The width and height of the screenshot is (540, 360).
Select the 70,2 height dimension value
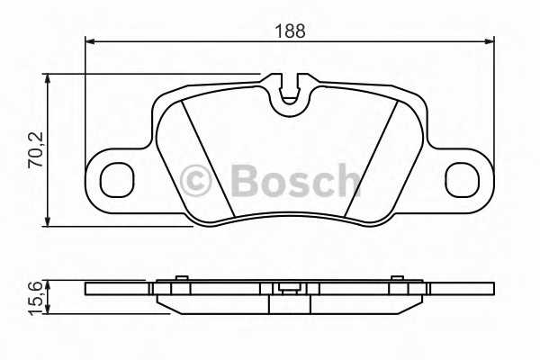click(37, 148)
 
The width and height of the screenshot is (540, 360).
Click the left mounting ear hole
click(114, 180)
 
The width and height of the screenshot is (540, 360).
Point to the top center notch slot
click(289, 91)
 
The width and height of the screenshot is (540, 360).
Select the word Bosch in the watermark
click(295, 180)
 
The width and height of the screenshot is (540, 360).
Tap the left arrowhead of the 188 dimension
click(90, 40)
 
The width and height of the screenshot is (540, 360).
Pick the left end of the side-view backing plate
click(88, 289)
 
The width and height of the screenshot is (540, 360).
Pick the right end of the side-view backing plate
click(491, 289)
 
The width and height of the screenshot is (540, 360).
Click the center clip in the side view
click(289, 290)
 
